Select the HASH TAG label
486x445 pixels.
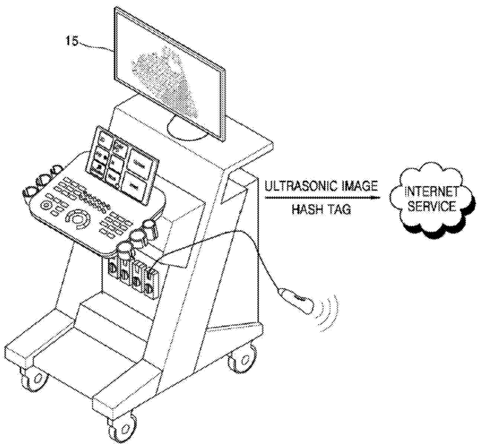(x=320, y=210)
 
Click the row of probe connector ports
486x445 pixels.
(x=131, y=273)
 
